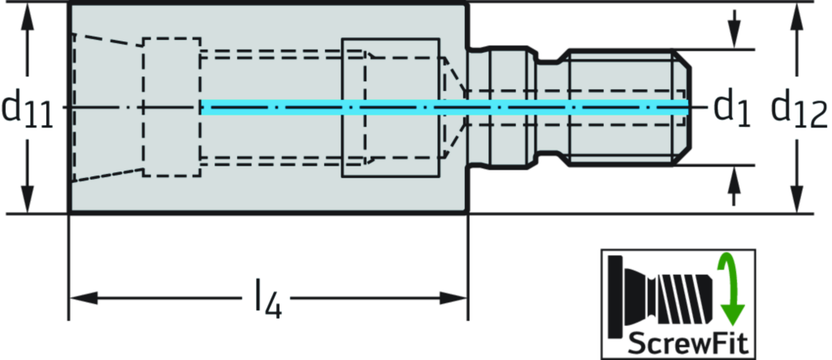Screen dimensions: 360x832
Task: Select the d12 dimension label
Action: (801, 108)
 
